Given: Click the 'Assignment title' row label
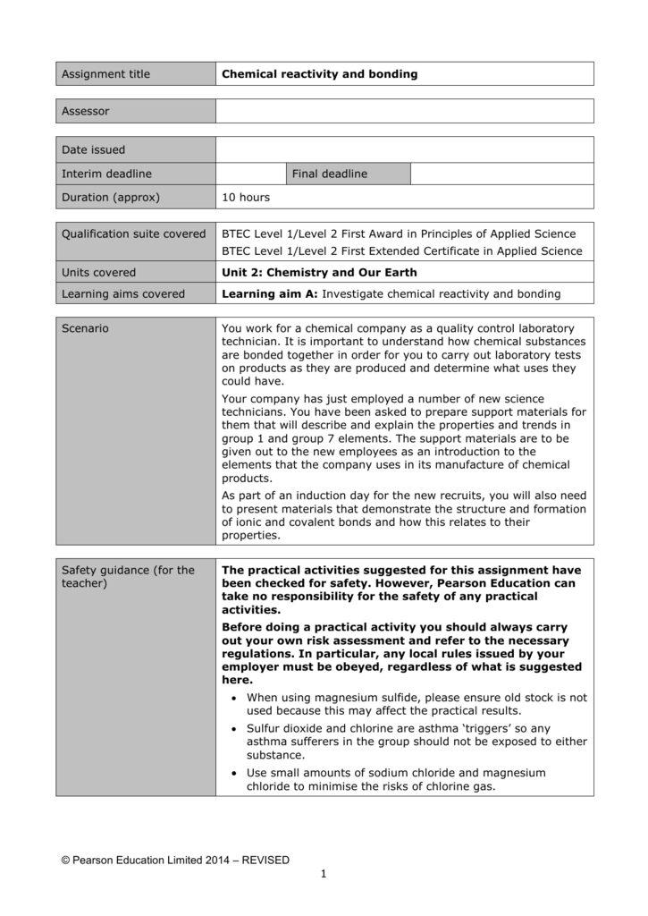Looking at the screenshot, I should click(x=105, y=74).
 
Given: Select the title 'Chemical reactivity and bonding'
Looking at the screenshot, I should click(x=319, y=74).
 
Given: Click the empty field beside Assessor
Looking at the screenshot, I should click(x=404, y=112).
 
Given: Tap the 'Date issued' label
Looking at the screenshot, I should click(x=93, y=149).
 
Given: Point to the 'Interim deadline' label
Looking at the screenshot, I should click(x=106, y=174).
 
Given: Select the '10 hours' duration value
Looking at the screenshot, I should click(x=246, y=197).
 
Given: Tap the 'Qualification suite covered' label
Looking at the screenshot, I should click(x=133, y=234).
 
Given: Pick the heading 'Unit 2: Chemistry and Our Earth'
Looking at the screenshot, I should click(x=319, y=273).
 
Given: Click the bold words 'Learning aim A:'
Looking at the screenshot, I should click(x=269, y=293).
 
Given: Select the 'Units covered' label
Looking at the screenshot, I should click(x=98, y=273).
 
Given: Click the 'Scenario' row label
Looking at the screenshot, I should click(x=85, y=328).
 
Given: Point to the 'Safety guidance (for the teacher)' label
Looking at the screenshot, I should click(x=127, y=577).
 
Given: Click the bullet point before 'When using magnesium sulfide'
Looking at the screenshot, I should click(x=234, y=698).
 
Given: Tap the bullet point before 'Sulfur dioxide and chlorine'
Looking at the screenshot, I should click(x=234, y=729).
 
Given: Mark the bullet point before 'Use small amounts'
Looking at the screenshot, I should click(x=234, y=773).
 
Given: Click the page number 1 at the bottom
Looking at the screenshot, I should click(x=324, y=874).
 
